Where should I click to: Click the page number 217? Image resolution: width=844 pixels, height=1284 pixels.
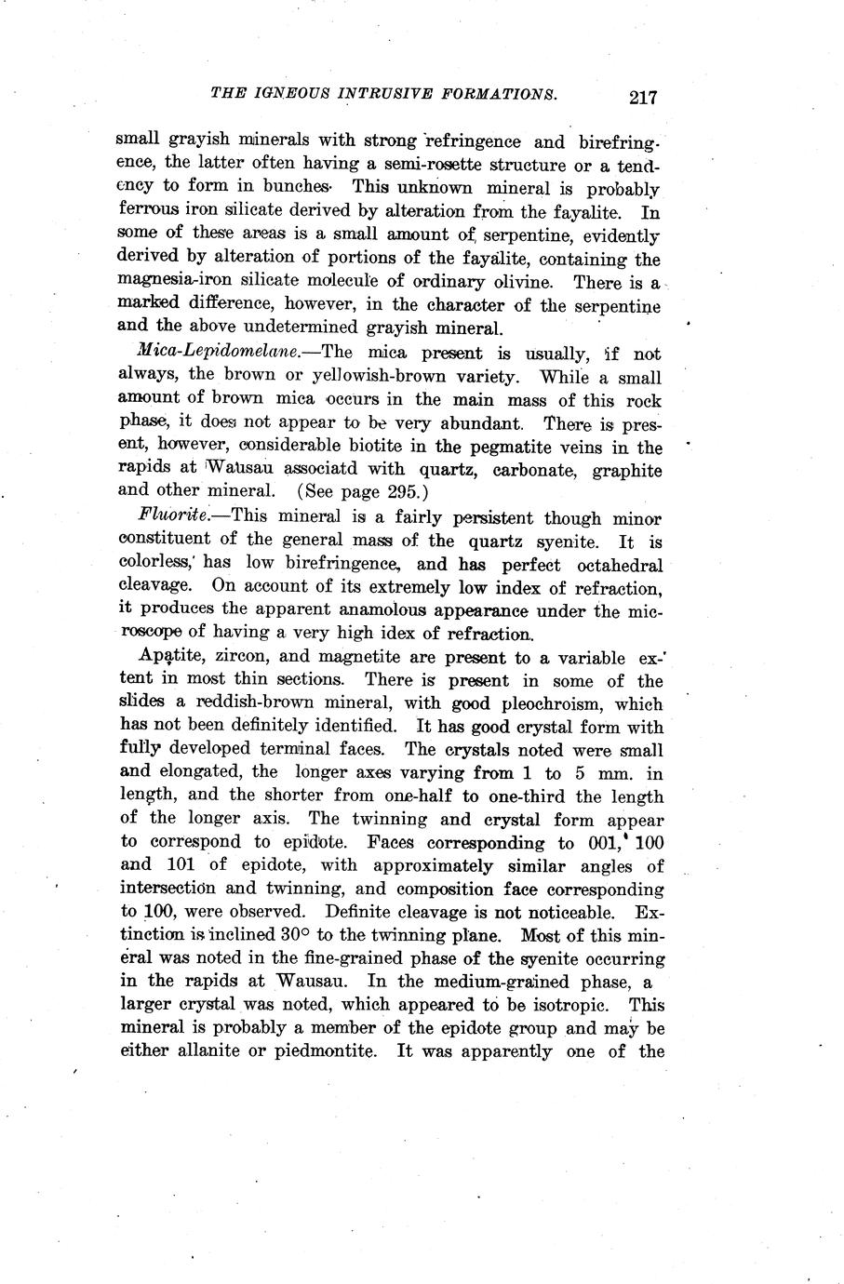[x=643, y=97]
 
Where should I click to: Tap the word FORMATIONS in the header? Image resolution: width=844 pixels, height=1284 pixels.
[x=502, y=94]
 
